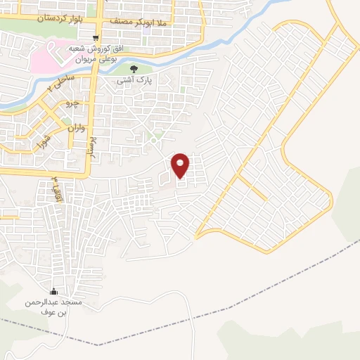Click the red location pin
(x=181, y=166)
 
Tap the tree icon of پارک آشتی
(x=134, y=69)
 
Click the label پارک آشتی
(x=134, y=81)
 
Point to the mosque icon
(x=53, y=292)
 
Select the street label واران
(x=77, y=129)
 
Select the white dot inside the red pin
(x=181, y=164)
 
